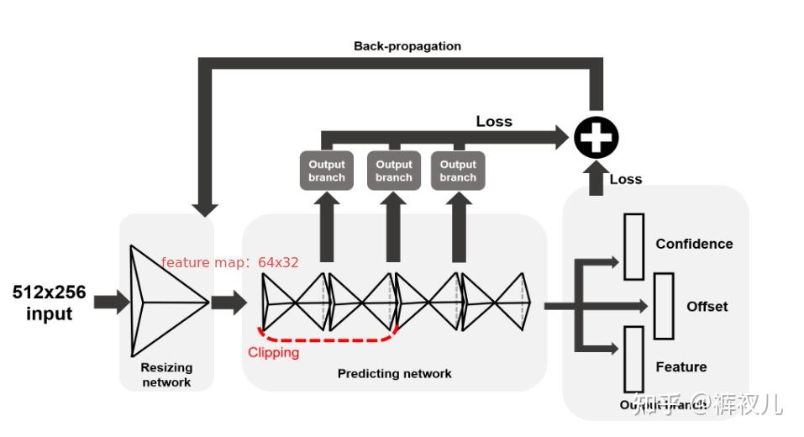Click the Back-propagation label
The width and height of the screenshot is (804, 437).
[x=407, y=46]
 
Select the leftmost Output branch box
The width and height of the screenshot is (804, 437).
[x=327, y=171]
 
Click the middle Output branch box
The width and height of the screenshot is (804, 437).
[x=394, y=171]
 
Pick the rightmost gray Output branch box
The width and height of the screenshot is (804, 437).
[x=458, y=171]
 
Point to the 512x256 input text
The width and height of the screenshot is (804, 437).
[x=49, y=303]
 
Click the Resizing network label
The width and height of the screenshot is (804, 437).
[x=166, y=375]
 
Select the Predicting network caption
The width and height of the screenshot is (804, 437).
[x=394, y=373]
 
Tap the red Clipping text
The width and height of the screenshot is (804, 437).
[x=273, y=352]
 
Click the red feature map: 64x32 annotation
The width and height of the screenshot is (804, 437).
[x=229, y=263]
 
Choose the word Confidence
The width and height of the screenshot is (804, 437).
[x=694, y=244]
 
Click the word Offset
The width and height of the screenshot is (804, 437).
[x=707, y=307]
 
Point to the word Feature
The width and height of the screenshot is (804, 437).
[x=681, y=367]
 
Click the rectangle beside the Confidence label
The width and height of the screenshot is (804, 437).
[x=633, y=246]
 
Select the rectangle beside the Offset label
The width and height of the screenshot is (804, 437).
[x=664, y=306]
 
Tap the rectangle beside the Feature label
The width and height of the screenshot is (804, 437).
[x=633, y=359]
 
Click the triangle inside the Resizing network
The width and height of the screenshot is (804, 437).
[x=163, y=301]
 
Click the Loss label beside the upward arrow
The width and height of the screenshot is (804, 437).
[x=626, y=179]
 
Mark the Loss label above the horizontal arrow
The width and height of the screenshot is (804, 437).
[x=494, y=121]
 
